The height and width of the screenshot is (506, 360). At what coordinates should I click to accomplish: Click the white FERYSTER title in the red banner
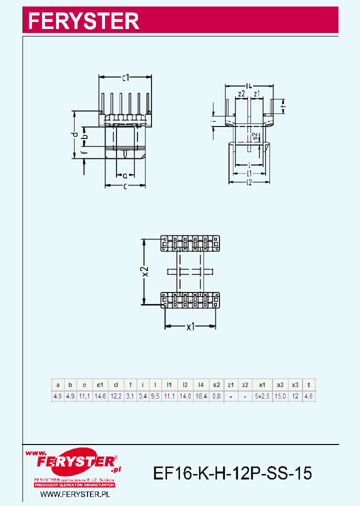[x=83, y=20]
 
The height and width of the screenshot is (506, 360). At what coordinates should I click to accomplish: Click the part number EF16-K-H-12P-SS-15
[x=232, y=472]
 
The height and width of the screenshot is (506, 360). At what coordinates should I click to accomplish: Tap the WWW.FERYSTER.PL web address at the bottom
[x=74, y=494]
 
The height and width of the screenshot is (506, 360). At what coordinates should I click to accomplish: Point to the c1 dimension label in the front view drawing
[x=125, y=77]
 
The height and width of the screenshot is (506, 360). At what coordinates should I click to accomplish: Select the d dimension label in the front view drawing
[x=74, y=134]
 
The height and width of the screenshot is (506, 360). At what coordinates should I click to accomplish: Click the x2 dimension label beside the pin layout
[x=144, y=271]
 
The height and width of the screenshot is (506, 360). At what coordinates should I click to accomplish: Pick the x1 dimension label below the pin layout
[x=190, y=327]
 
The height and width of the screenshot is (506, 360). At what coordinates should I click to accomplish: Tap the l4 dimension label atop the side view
[x=249, y=85]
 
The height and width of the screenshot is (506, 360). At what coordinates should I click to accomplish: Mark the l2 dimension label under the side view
[x=249, y=182]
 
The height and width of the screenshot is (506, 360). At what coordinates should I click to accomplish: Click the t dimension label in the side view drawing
[x=283, y=106]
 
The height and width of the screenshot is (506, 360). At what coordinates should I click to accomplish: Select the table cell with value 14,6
[x=100, y=396]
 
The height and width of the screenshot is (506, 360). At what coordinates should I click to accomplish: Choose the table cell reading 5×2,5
[x=261, y=396]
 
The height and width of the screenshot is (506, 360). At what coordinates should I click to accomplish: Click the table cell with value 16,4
[x=200, y=396]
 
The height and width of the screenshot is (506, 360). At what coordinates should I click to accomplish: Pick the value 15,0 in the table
[x=280, y=396]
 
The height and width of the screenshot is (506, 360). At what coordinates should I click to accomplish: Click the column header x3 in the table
[x=295, y=385]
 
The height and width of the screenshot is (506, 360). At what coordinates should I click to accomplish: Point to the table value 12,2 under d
[x=115, y=396]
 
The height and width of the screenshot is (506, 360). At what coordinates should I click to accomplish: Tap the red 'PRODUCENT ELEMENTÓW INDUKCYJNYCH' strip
[x=74, y=485]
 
